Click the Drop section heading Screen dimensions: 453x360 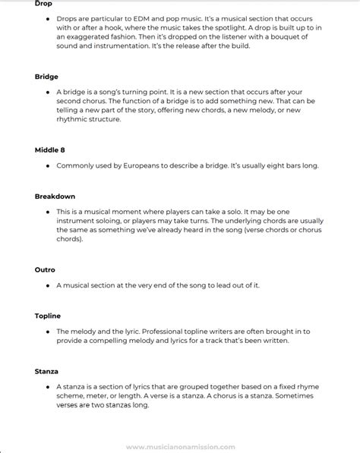[x=43, y=4]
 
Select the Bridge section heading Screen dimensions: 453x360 [x=46, y=77]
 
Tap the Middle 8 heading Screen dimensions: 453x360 [x=50, y=149]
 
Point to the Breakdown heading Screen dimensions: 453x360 [x=55, y=196]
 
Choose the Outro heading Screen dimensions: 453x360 [x=45, y=269]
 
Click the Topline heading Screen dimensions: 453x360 [x=48, y=316]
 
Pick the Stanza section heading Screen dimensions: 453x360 [x=46, y=371]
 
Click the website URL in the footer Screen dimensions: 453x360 [x=181, y=447]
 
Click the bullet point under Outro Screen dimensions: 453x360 [x=47, y=285]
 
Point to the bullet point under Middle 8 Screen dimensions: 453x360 [x=47, y=165]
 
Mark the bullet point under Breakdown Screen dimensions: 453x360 [x=47, y=212]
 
